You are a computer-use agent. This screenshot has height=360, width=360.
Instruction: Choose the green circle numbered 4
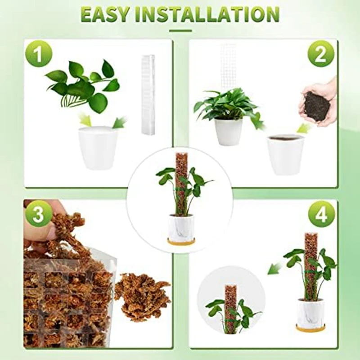321,214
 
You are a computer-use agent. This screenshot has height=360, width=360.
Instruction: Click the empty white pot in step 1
98,148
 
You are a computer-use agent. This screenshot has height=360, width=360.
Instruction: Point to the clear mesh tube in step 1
147,94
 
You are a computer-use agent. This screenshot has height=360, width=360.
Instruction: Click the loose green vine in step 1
83,85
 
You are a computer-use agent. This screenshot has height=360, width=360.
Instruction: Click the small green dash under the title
180,31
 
